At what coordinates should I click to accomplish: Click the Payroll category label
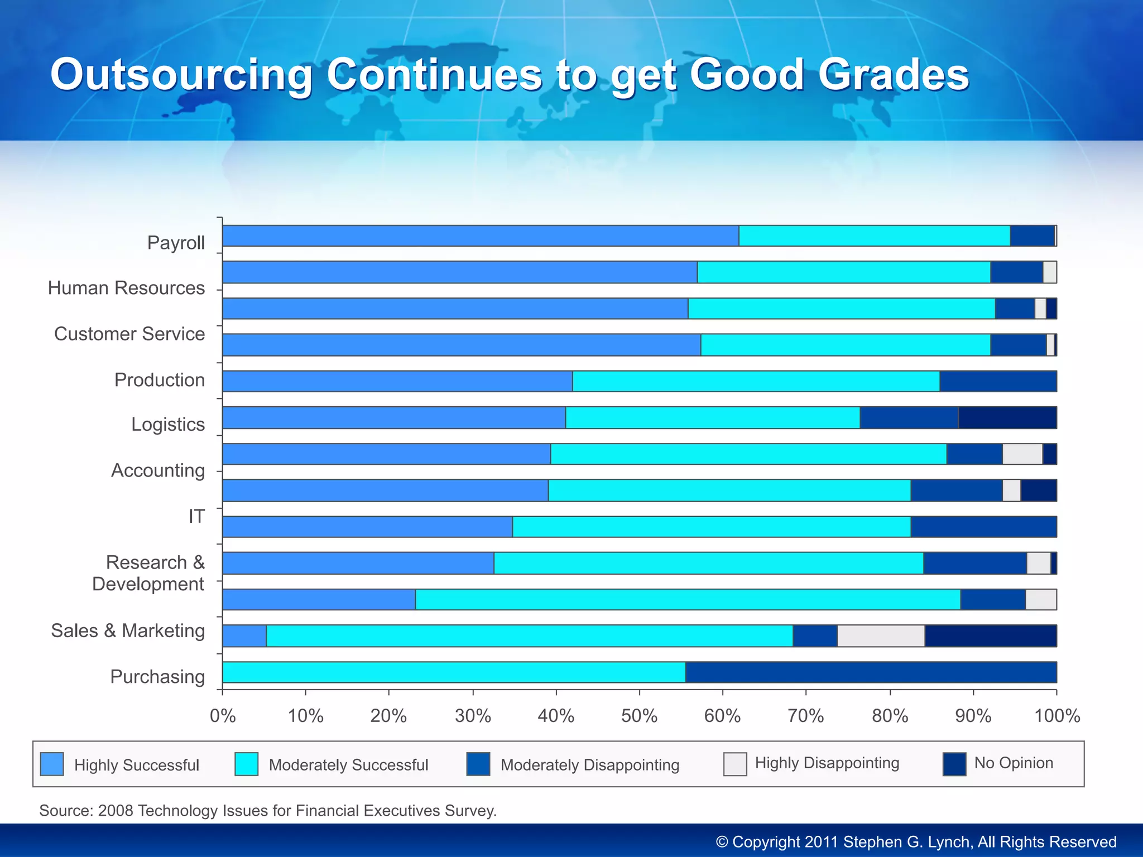[176, 243]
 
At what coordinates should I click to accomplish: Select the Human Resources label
[126, 288]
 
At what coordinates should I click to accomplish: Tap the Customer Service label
[129, 334]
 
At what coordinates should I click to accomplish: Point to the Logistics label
[168, 425]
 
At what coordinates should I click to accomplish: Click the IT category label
[196, 517]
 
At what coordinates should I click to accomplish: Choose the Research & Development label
[149, 573]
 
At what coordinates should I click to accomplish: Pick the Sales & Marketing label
[128, 630]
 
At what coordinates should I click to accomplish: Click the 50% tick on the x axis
[639, 716]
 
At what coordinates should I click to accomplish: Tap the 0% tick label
[223, 716]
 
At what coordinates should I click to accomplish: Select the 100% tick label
[1056, 716]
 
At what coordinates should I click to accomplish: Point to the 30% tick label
[473, 716]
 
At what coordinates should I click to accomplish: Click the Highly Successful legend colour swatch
[52, 764]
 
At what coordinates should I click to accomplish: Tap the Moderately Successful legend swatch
[246, 764]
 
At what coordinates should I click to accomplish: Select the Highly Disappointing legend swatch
[735, 764]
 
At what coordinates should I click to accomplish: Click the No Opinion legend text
[1014, 763]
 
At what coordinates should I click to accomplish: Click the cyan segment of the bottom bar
[453, 672]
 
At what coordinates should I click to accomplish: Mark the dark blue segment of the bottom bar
[871, 672]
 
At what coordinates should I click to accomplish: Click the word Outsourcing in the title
[181, 75]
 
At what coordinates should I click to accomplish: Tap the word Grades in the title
[894, 75]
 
